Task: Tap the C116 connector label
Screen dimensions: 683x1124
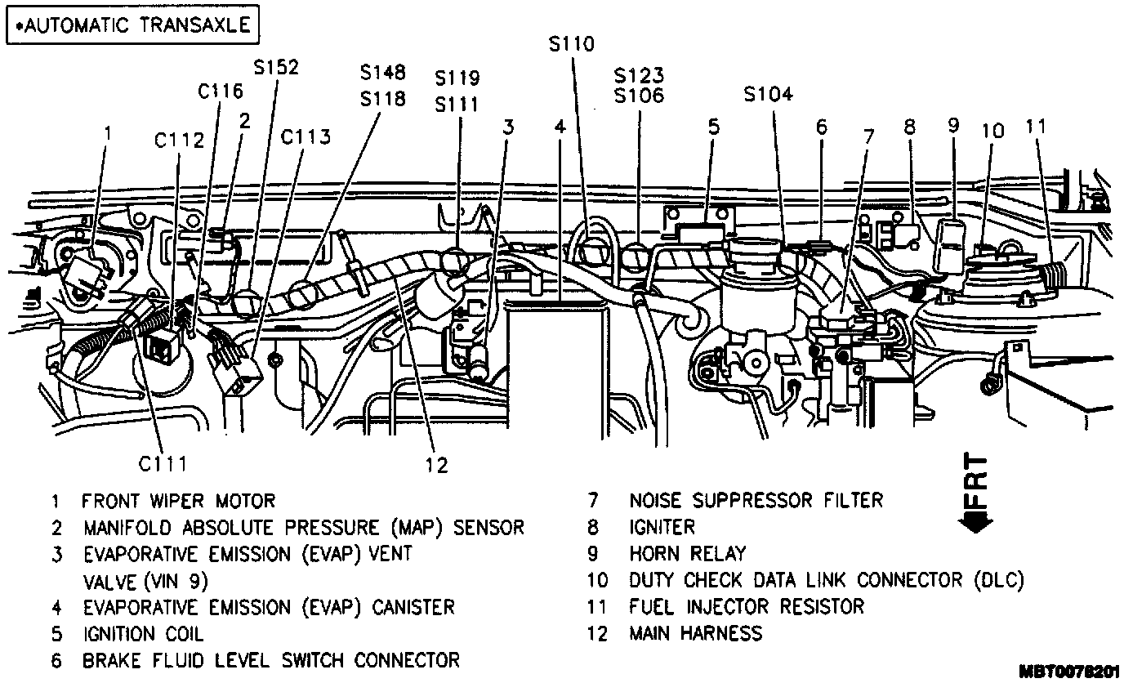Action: tap(221, 91)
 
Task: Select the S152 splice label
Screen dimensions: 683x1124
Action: tap(276, 67)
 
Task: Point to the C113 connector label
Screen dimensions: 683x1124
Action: tap(306, 136)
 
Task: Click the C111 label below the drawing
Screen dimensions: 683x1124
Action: tap(163, 464)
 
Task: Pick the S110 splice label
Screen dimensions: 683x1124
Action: tap(572, 43)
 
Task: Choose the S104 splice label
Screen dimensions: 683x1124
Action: tap(768, 94)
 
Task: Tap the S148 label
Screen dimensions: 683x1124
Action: tap(382, 73)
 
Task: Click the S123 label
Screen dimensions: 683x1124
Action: tap(639, 75)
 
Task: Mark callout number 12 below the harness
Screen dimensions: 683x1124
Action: tap(437, 465)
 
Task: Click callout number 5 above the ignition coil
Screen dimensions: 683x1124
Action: tap(713, 127)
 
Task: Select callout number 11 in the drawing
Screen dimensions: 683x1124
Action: tap(1036, 127)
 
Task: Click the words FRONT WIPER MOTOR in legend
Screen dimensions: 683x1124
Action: tap(178, 500)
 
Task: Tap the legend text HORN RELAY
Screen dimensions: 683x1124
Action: tap(687, 554)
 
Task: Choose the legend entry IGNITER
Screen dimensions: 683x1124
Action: tap(662, 528)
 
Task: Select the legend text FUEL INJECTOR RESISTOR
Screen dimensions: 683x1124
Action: tap(746, 606)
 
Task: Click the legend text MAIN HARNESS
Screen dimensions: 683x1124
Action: tap(695, 632)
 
